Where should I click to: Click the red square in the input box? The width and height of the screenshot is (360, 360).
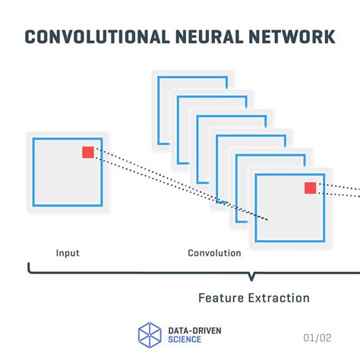coord(88,153)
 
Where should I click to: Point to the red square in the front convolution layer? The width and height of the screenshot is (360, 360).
coord(310,188)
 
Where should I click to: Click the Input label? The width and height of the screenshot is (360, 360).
coord(67,253)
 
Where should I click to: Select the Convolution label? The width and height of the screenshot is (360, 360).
coord(214,253)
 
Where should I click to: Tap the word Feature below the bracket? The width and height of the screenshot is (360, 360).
coord(221,298)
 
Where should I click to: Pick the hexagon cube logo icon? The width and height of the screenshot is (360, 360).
coord(150,335)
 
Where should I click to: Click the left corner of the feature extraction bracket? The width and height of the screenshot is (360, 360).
coord(30,267)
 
